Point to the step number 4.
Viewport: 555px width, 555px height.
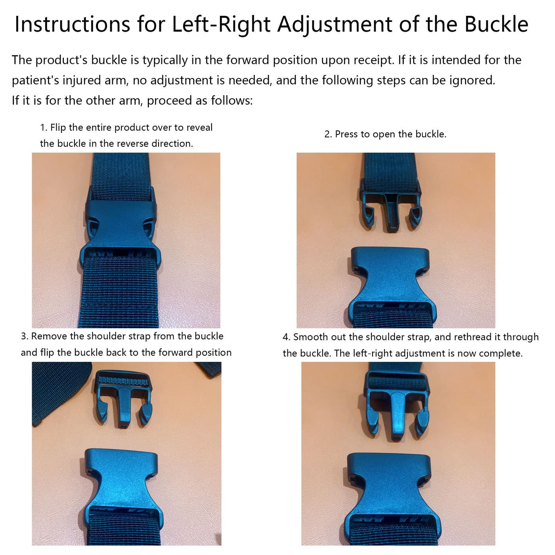pyautogui.click(x=286, y=337)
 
